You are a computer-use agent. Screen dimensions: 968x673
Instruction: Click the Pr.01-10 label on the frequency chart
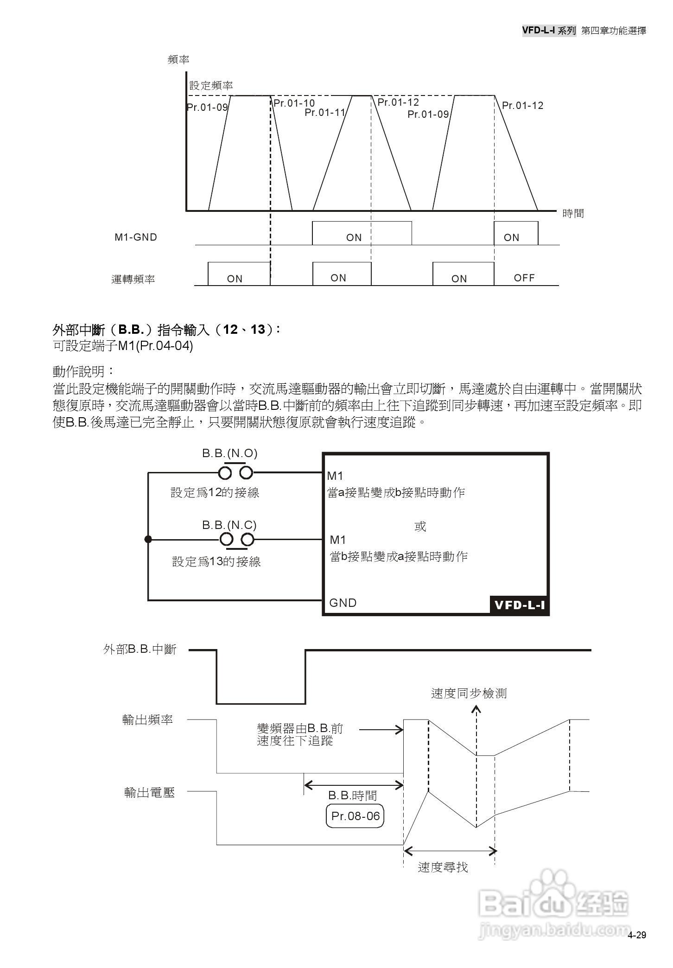coord(294,103)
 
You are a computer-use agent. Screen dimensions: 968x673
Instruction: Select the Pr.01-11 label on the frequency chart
coord(325,112)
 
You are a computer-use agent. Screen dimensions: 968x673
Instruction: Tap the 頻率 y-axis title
coord(178,59)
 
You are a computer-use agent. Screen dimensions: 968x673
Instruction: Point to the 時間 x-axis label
coord(573,213)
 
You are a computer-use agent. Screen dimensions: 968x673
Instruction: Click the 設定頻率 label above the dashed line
coord(211,85)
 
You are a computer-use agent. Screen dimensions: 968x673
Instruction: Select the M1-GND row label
coord(136,237)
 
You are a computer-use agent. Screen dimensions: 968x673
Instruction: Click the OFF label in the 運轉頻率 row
coord(524,278)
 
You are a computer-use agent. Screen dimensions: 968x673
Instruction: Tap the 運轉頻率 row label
coord(133,279)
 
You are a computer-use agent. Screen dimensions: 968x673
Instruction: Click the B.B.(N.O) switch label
coord(229,453)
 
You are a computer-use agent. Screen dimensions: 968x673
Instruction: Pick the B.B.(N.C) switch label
coord(229,525)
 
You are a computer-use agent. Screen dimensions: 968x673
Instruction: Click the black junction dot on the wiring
coord(148,539)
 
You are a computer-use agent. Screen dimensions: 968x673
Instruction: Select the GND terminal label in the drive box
coord(343,603)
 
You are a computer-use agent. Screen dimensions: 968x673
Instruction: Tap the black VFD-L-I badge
coord(519,605)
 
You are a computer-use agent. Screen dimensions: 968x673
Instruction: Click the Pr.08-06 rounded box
coord(356,816)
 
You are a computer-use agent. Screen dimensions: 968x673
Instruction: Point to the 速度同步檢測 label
coord(469,694)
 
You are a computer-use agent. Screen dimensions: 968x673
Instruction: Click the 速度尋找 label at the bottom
coord(443,867)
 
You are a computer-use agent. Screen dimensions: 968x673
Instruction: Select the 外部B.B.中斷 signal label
coord(140,650)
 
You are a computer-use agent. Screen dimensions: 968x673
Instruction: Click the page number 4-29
coord(637,935)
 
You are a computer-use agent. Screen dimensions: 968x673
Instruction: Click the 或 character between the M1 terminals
coord(420,526)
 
